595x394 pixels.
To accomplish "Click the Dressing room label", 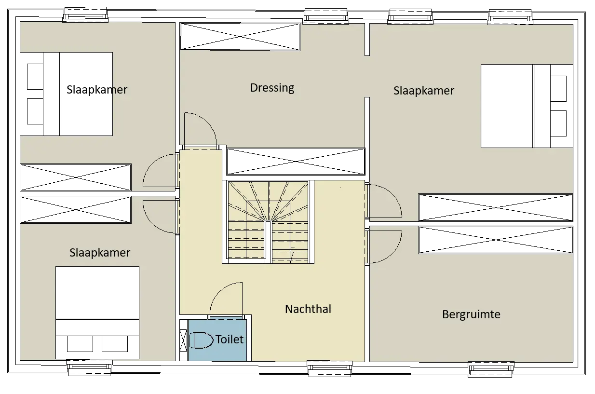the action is click(x=272, y=88).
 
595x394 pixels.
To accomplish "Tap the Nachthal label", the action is click(x=308, y=309).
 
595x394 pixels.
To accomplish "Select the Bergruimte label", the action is click(x=471, y=314).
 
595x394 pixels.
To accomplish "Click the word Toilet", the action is click(x=229, y=340).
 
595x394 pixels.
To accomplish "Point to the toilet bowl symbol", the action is click(x=201, y=340).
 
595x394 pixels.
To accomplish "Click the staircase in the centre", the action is click(x=268, y=222).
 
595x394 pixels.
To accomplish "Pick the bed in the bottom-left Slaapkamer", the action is click(x=97, y=312).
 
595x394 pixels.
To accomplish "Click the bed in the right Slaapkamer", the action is click(x=527, y=106).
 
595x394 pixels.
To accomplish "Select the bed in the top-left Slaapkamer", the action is click(x=67, y=94).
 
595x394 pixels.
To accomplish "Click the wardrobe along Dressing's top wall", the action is click(x=240, y=37).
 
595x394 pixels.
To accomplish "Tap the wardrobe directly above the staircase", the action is click(x=296, y=161).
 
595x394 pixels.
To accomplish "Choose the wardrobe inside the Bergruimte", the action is click(x=496, y=240).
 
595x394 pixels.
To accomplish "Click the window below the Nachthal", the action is click(x=330, y=368).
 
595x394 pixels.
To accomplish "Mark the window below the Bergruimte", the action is click(x=491, y=369).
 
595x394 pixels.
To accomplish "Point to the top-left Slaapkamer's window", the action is click(x=85, y=15).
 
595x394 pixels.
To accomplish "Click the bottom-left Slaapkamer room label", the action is click(x=100, y=253).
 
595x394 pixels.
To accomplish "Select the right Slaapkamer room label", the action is click(x=424, y=91).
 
